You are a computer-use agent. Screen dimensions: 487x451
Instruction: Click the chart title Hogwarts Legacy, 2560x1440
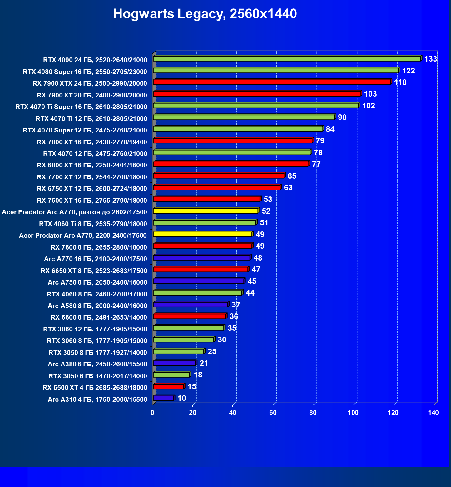point(205,14)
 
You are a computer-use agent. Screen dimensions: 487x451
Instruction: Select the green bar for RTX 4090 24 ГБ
point(287,59)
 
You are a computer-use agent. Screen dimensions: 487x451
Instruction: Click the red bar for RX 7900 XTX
point(272,82)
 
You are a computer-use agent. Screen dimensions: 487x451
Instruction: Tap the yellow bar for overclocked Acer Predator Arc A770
point(206,211)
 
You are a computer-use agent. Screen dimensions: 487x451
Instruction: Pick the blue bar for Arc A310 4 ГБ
point(163,398)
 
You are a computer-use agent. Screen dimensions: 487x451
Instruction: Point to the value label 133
point(430,59)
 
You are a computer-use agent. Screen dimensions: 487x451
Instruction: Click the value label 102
point(369,106)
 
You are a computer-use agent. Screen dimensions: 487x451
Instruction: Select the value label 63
point(288,188)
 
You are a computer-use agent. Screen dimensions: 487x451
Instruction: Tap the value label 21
point(204,363)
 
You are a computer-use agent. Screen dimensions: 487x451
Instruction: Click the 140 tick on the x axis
point(433,413)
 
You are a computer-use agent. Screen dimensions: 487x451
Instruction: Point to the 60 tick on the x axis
point(273,413)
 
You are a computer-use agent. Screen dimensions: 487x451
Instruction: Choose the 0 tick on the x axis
point(152,413)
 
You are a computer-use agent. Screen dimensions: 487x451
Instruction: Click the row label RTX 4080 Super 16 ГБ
point(85,72)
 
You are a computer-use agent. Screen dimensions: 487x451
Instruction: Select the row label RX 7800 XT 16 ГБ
point(92,142)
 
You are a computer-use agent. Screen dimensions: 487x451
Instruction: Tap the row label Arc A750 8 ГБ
point(97,282)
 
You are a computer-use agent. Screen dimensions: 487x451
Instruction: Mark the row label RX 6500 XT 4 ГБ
point(95,388)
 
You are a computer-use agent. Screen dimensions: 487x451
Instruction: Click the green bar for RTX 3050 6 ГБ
point(171,375)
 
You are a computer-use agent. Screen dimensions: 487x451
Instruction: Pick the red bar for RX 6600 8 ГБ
point(190,316)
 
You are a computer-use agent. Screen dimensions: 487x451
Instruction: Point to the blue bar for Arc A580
point(191,305)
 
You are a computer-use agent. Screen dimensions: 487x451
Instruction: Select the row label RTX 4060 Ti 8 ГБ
point(93,224)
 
